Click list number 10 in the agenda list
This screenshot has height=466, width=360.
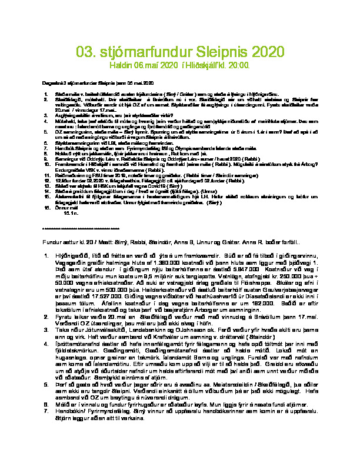(x=48, y=165)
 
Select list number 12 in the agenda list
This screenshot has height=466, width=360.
(x=48, y=179)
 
